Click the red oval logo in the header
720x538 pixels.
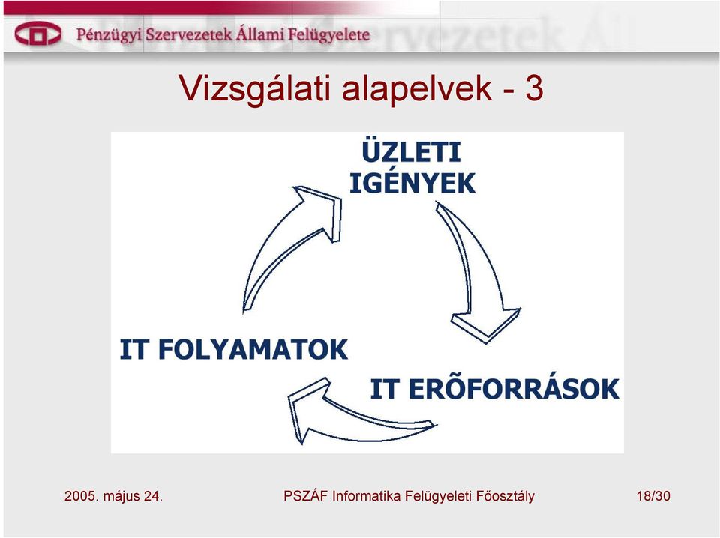tap(37, 34)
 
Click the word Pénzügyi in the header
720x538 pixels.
tap(109, 35)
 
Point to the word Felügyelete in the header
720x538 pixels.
tap(331, 35)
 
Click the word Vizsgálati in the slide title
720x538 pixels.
tap(255, 88)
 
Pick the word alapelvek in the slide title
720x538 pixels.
tap(417, 88)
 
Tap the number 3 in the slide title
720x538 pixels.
tap(534, 88)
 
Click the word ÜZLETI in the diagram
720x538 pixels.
tap(411, 151)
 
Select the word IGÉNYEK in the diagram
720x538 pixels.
tap(412, 183)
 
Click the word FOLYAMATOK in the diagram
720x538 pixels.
tap(253, 349)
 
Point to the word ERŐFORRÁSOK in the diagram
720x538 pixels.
tap(514, 389)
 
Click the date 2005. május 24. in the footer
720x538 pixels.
tap(113, 496)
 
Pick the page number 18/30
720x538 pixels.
tap(653, 496)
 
